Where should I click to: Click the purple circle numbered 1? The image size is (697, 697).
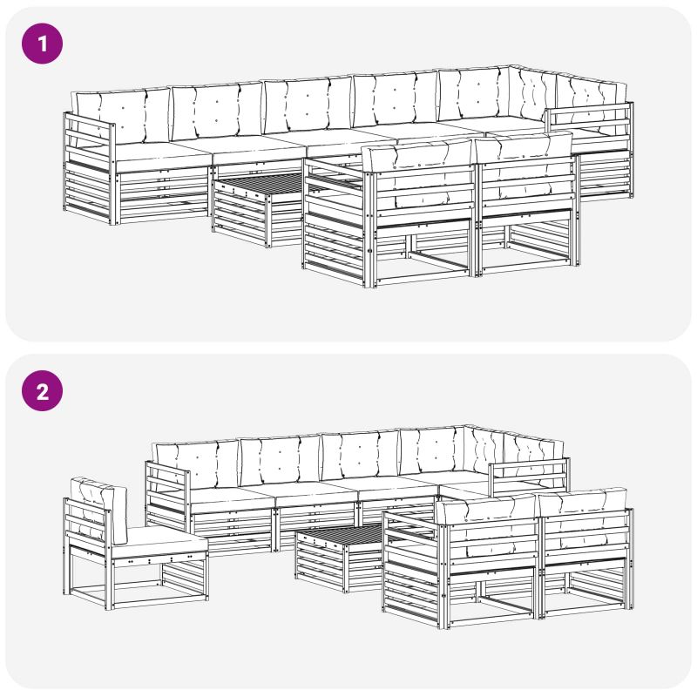click(42, 44)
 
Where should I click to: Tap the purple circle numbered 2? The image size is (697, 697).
click(42, 390)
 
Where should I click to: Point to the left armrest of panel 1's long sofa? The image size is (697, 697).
click(89, 168)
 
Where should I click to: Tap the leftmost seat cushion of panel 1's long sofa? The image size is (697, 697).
click(162, 156)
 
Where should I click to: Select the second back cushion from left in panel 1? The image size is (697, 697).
click(217, 112)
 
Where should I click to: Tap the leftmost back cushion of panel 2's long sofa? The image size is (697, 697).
click(195, 464)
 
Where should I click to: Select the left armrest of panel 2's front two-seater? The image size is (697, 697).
click(415, 569)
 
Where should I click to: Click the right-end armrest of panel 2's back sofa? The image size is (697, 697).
click(529, 477)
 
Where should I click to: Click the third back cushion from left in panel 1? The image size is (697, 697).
click(308, 105)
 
